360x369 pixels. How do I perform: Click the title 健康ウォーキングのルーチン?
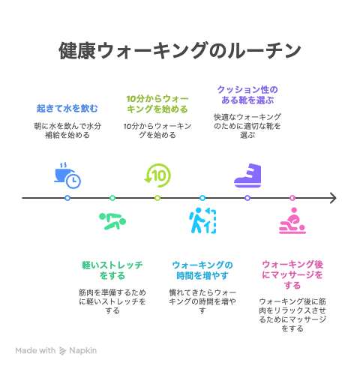180,51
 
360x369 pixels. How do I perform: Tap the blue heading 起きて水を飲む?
67,109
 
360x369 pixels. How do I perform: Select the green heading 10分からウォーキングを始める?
157,104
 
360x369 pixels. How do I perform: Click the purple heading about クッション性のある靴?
247,95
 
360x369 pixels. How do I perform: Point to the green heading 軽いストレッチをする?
112,270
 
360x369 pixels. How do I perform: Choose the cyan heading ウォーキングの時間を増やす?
202,270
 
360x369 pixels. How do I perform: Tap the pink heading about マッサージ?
292,274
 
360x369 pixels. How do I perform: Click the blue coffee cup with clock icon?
67,175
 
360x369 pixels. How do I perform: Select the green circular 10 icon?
157,175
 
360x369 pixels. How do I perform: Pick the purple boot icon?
247,175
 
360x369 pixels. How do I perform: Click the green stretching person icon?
112,221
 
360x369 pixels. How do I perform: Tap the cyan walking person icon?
202,220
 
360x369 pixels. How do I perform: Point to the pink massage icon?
292,220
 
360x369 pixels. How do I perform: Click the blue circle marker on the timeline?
67,198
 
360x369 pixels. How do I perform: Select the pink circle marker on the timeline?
292,198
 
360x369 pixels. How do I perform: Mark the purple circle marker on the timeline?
247,198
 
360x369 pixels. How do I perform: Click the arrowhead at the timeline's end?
336,198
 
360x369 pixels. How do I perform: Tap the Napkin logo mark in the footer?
62,351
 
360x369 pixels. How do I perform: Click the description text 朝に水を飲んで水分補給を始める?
67,130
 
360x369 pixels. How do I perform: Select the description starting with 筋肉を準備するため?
112,301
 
